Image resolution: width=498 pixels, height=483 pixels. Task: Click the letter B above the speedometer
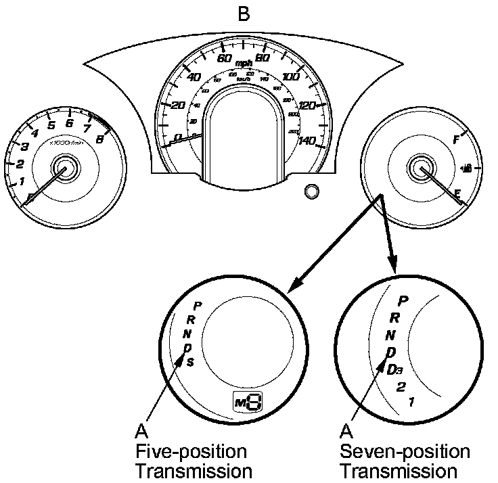(244, 14)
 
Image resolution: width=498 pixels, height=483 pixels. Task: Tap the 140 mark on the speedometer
(307, 140)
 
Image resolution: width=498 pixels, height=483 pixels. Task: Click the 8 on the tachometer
(99, 139)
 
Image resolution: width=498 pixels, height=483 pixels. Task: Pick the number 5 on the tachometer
(51, 125)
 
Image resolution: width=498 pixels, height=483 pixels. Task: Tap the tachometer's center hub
(66, 166)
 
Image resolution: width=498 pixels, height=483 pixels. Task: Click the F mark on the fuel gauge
(455, 140)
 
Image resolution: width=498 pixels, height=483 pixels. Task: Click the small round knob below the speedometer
(311, 191)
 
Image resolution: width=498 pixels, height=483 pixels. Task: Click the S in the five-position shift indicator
(191, 362)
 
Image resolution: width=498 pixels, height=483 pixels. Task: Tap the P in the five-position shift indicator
(198, 306)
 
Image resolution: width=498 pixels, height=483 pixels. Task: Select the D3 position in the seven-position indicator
(395, 369)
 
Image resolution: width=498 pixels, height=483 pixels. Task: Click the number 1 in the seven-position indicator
(412, 401)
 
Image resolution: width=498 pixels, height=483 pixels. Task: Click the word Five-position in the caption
(190, 451)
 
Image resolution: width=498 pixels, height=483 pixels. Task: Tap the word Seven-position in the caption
(405, 451)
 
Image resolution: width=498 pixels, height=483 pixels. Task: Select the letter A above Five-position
(141, 431)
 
